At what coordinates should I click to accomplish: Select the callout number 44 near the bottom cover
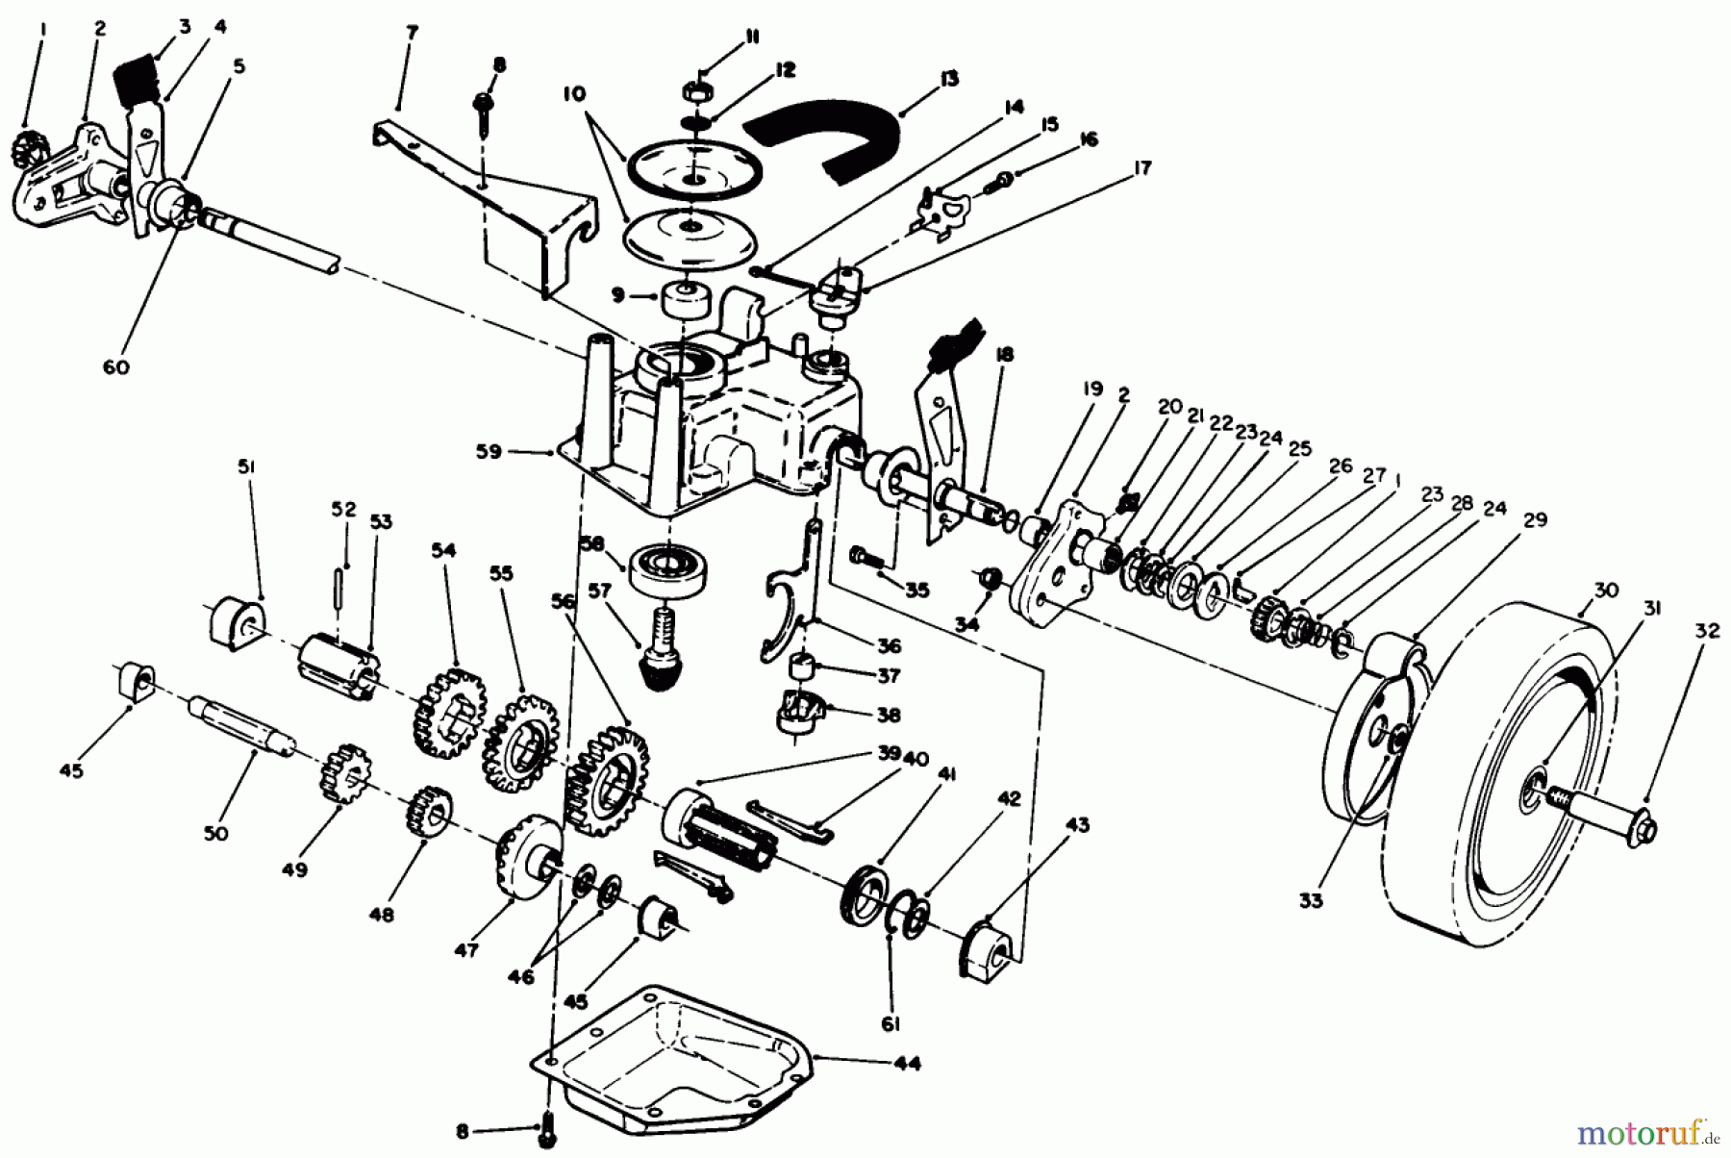(x=907, y=1064)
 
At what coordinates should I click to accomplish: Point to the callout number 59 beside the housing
(x=489, y=451)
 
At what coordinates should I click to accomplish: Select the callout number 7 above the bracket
(x=412, y=33)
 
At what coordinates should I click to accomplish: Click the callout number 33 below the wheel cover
(x=1310, y=901)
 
